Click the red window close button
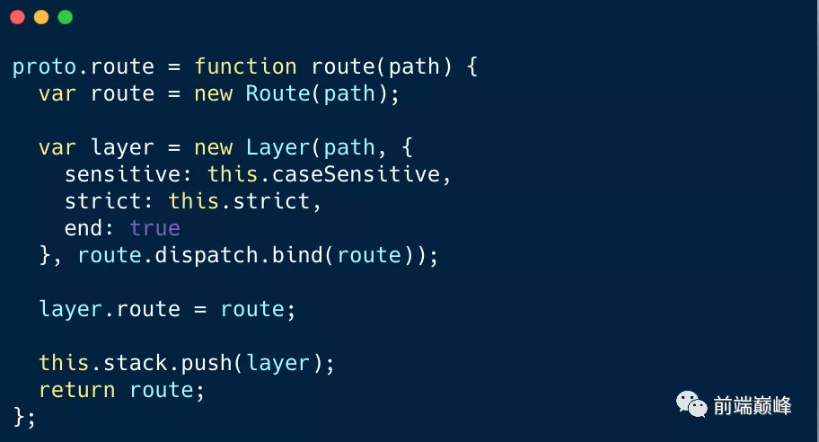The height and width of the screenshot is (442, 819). click(x=17, y=17)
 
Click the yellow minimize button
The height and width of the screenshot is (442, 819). click(x=40, y=17)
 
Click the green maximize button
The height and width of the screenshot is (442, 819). click(x=64, y=17)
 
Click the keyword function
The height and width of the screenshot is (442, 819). click(x=245, y=66)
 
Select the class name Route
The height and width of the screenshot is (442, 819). click(x=277, y=93)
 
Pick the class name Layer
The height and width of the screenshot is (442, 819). click(x=277, y=147)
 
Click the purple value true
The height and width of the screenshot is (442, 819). click(x=154, y=228)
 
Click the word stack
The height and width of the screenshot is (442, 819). click(x=128, y=363)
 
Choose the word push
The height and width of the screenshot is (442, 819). click(x=206, y=363)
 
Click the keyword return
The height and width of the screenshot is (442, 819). click(x=76, y=390)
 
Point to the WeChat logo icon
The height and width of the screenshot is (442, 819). click(x=691, y=404)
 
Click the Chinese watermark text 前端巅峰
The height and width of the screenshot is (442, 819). click(x=753, y=405)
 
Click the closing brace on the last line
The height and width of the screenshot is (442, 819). click(x=20, y=416)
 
